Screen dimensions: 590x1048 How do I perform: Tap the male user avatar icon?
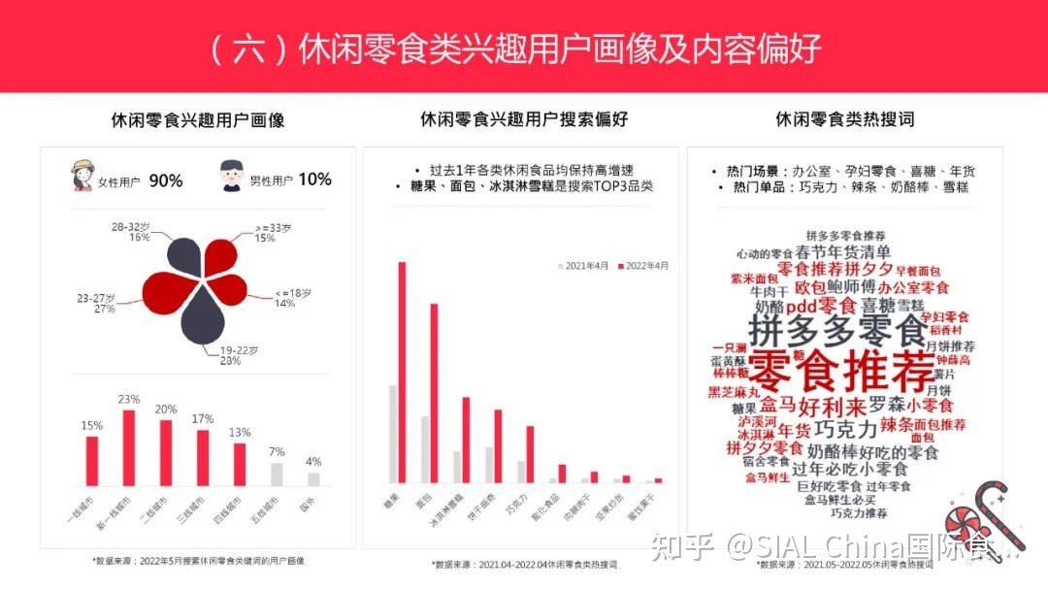pos(230,177)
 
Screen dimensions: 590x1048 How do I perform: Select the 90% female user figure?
pos(166,180)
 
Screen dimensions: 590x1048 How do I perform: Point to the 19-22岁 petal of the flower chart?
pos(198,317)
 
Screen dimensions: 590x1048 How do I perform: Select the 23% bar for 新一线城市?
pos(129,447)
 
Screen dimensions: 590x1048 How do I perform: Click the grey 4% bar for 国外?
pos(313,478)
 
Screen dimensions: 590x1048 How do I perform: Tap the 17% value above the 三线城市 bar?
pos(202,419)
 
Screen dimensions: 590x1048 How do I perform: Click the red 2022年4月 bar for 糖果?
pos(402,372)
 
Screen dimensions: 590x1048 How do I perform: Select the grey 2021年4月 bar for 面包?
pos(424,448)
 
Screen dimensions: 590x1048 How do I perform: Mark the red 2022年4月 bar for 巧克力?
pos(530,454)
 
